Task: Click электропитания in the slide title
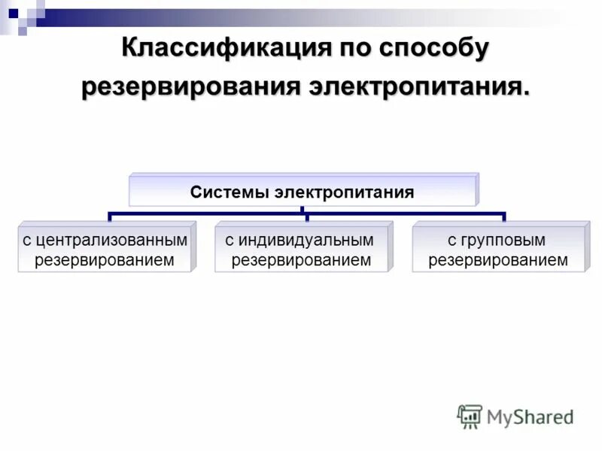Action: point(419,86)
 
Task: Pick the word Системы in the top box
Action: point(230,192)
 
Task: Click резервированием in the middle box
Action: point(301,260)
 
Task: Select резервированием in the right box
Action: point(497,260)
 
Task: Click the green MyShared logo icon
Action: point(470,416)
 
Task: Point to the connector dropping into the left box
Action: point(110,217)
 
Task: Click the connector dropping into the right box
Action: point(503,217)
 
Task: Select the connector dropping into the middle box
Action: point(307,217)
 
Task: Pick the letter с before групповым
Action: point(451,241)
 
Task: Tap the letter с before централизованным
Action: point(26,241)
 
